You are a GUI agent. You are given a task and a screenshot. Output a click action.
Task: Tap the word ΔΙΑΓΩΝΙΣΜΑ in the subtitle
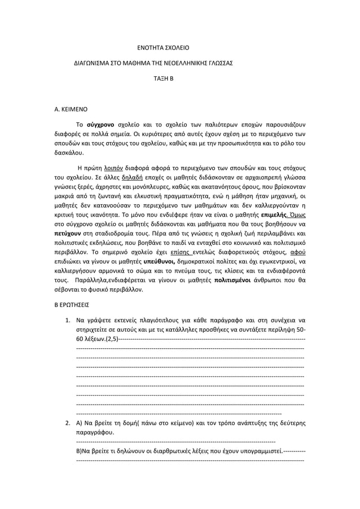(x=95, y=63)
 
